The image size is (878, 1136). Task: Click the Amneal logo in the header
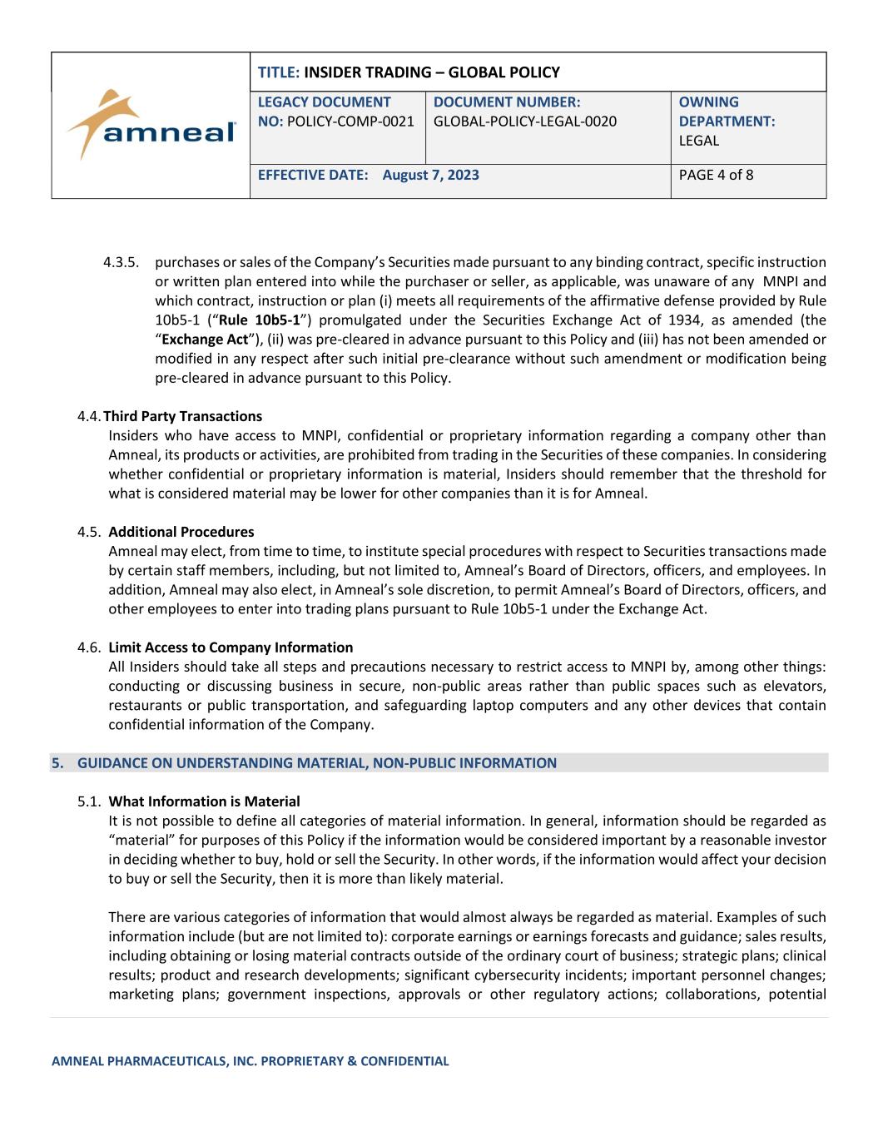tap(151, 125)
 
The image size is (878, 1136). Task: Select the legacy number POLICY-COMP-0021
tap(350, 122)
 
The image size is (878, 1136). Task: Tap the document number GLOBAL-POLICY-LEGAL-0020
tap(525, 122)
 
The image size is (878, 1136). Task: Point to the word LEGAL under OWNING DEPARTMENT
tap(699, 141)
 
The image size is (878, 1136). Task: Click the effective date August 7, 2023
tap(430, 175)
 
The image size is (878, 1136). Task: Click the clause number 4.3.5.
tap(120, 262)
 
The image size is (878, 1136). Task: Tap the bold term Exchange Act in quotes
tap(205, 340)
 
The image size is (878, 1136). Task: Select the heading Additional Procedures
tap(181, 532)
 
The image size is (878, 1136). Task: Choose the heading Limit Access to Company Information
tap(231, 647)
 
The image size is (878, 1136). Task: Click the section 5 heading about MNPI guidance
tap(316, 763)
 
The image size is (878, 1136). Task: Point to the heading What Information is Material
tap(205, 801)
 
